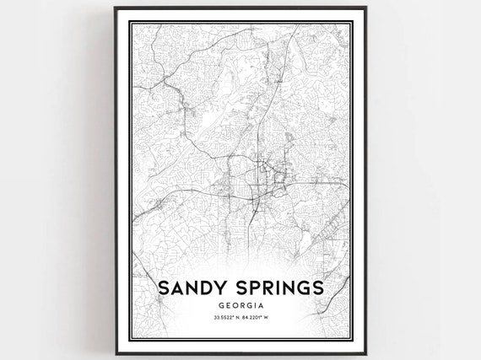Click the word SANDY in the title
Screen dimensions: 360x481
(x=193, y=287)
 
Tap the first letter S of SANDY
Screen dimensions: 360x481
(x=165, y=287)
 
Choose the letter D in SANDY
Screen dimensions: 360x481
(x=208, y=287)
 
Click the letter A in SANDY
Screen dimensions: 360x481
(x=178, y=287)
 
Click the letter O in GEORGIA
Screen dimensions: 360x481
(x=234, y=306)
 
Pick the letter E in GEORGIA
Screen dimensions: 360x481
(x=226, y=306)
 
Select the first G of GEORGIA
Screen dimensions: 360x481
(x=219, y=306)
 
